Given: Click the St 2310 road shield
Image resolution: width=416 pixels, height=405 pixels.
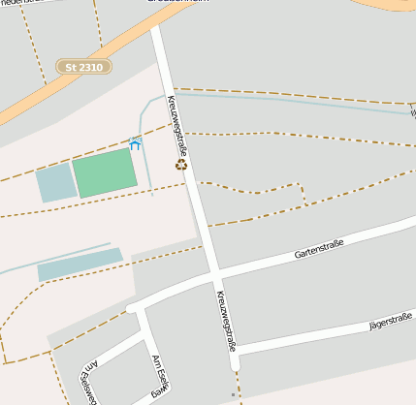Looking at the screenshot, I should coord(84,67).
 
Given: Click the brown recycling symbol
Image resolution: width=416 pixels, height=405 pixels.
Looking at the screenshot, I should coord(180,164).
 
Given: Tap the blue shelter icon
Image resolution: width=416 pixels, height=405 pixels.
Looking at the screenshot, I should coord(135,142).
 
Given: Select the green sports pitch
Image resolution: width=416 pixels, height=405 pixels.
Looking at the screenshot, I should coord(105,171).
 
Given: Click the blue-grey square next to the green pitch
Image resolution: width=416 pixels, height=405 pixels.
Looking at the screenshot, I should coord(56,183).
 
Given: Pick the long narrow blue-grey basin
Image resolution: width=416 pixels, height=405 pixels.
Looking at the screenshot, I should coord(80,264).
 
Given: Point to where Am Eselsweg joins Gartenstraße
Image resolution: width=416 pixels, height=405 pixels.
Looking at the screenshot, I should coord(136,309).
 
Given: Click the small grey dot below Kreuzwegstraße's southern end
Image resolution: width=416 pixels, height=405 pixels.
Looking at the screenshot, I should coord(234,395).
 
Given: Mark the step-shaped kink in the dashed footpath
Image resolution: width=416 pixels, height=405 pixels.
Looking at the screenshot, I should coord(303,194).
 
